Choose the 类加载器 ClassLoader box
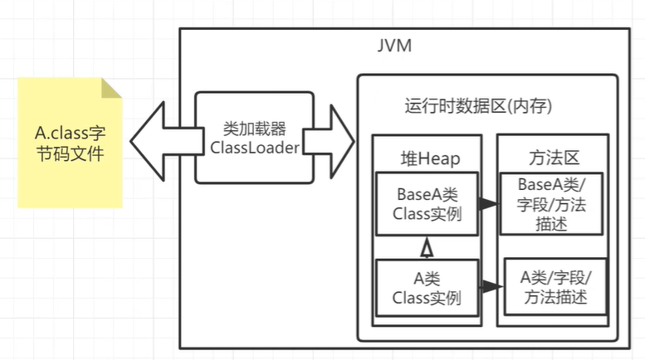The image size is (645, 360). click(254, 138)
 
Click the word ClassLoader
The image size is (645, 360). click(255, 148)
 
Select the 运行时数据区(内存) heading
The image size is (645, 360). click(478, 107)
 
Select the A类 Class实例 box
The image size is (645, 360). click(427, 287)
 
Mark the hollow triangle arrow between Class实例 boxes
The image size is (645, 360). click(427, 246)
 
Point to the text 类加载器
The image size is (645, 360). click(255, 129)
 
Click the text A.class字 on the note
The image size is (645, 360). click(70, 133)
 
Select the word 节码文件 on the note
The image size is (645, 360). click(70, 153)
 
